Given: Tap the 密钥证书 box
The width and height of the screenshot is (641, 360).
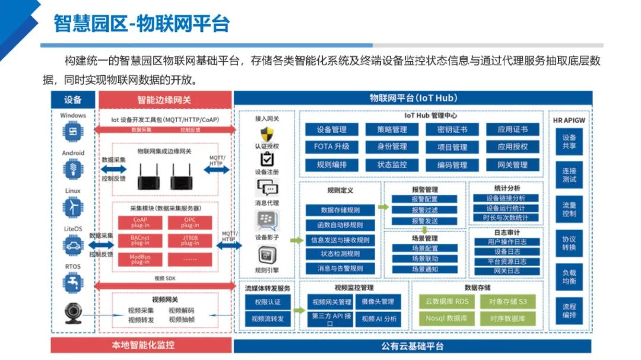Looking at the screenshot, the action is tap(452, 129).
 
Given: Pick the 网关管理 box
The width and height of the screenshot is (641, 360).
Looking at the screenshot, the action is tap(512, 165).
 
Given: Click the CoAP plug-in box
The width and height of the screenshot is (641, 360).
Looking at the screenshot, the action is tap(140, 222).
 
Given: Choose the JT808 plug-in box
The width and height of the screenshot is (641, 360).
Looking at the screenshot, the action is tap(190, 241).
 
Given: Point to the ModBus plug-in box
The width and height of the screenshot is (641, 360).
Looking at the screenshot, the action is tap(140, 259).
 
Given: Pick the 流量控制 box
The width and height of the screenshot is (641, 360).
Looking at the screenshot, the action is tap(569, 209).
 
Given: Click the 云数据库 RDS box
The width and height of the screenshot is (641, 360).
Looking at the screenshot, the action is tap(447, 301).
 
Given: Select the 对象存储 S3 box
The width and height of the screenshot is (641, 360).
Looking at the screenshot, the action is tap(507, 301).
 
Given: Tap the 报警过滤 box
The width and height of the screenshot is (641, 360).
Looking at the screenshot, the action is tap(424, 210).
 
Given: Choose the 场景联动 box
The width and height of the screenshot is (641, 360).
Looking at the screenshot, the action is tap(424, 259).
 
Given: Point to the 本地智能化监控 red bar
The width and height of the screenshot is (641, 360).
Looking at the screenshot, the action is tap(143, 345).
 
